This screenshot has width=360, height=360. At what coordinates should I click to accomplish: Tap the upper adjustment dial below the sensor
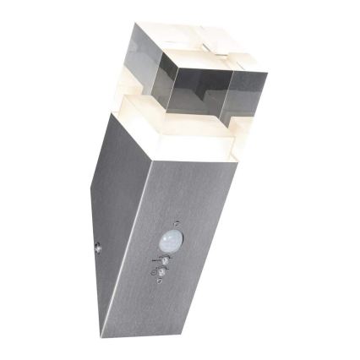(x=166, y=262)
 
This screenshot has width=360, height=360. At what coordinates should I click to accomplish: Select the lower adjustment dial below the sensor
(x=162, y=274)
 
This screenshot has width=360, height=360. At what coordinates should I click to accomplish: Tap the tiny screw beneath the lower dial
(x=158, y=285)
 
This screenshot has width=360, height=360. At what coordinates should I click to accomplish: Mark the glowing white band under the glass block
(x=186, y=144)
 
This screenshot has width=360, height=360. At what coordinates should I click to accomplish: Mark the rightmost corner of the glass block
(x=267, y=74)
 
